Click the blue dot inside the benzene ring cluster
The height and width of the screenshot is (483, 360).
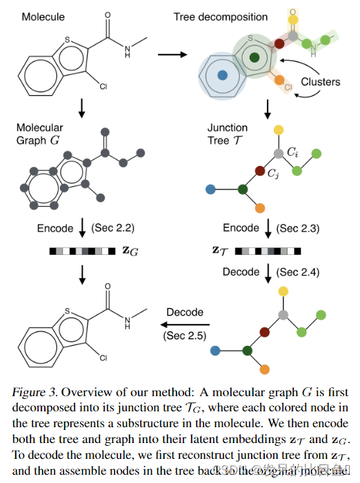(221, 74)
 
